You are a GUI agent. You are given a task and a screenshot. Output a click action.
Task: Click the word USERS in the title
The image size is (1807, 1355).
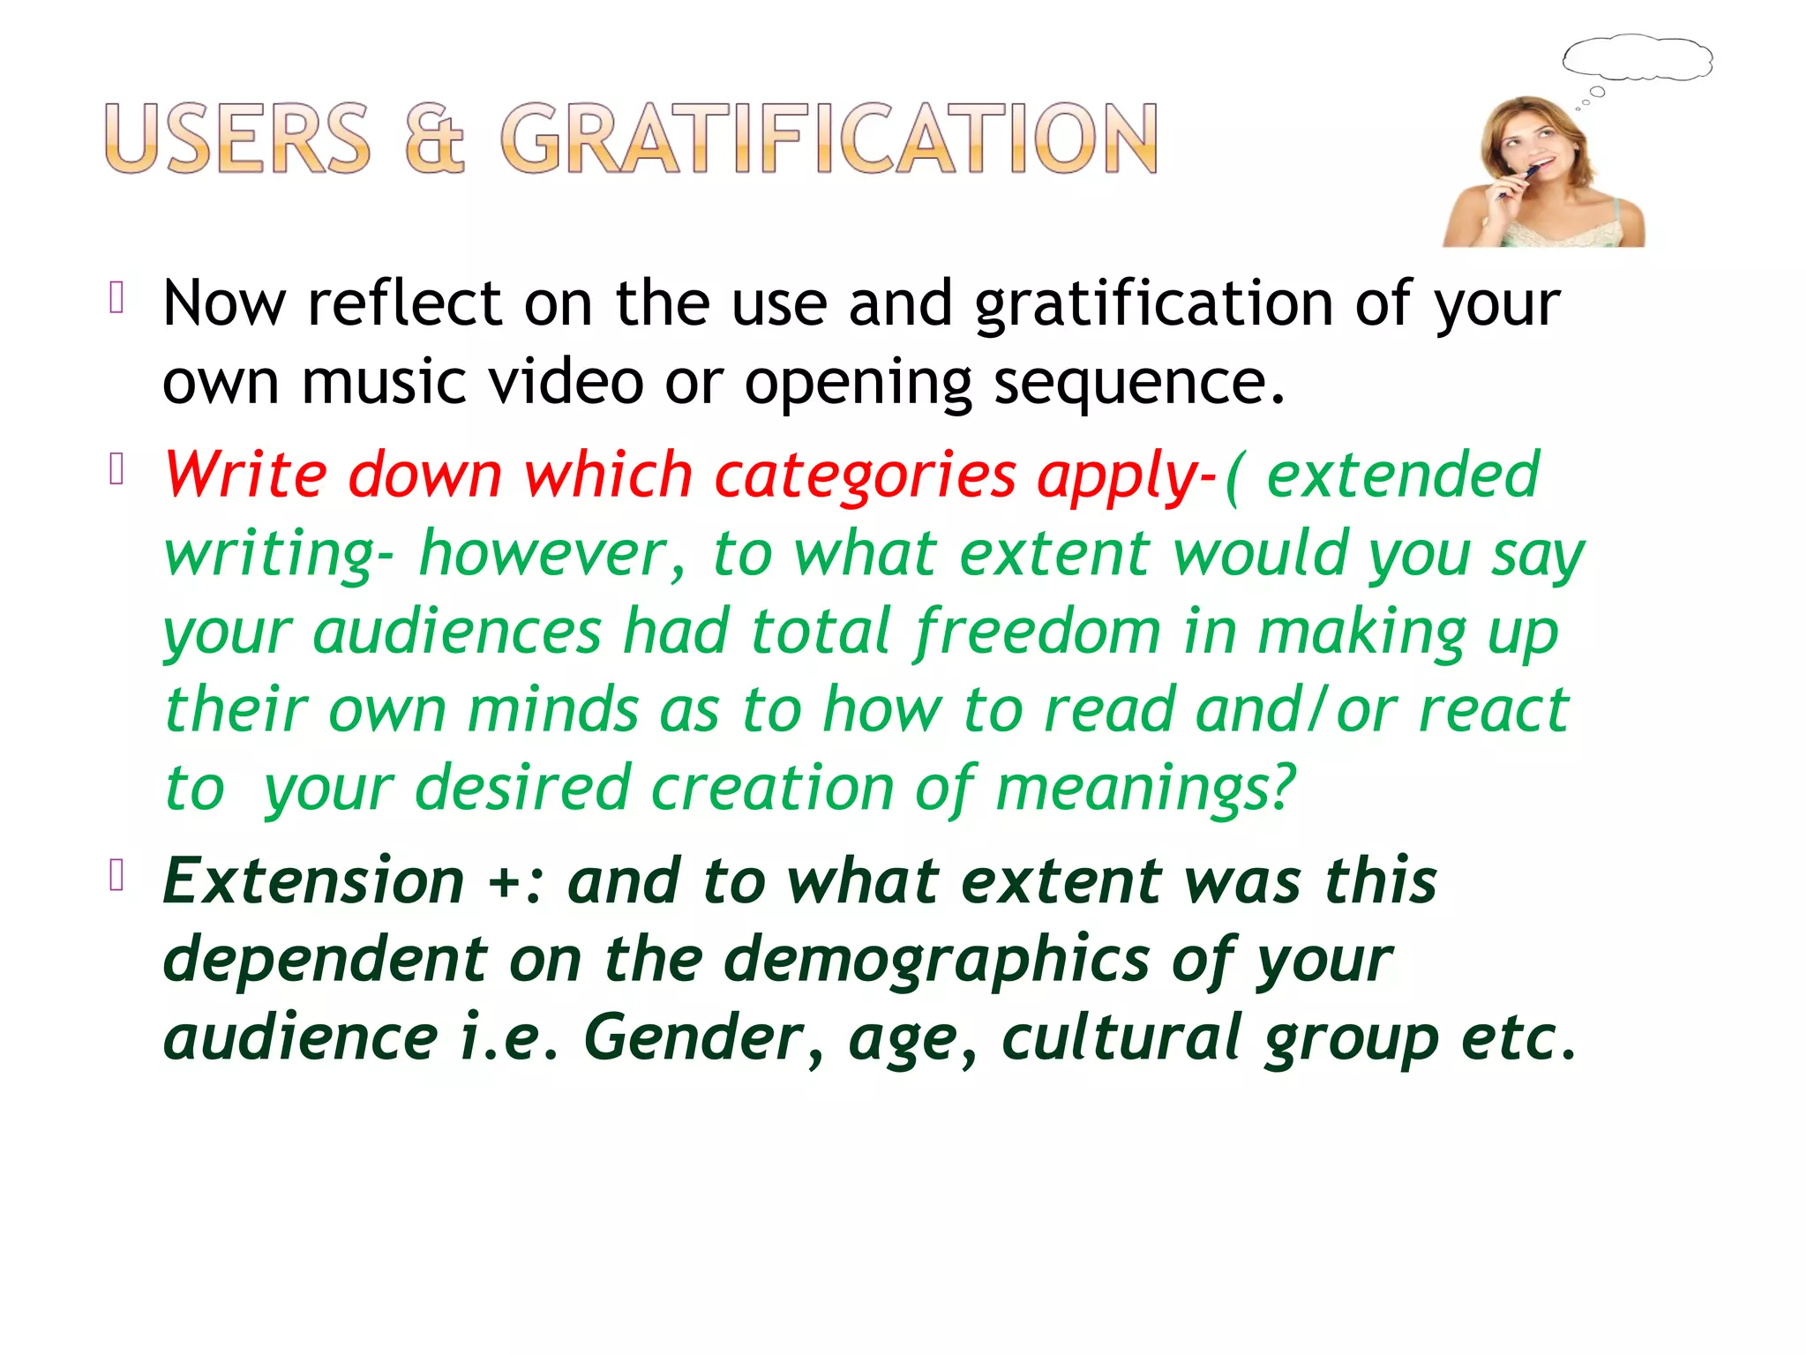237,138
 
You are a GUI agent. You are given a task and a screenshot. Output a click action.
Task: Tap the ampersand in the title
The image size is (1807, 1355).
434,138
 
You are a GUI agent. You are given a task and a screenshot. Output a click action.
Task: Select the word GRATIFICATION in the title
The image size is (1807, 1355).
829,138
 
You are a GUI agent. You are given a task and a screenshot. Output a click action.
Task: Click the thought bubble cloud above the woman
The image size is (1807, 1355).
1638,59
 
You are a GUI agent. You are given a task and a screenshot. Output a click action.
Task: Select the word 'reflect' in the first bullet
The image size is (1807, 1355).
405,303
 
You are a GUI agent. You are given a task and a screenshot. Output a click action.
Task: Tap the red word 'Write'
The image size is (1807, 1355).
245,475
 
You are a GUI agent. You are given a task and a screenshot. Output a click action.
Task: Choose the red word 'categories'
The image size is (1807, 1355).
865,476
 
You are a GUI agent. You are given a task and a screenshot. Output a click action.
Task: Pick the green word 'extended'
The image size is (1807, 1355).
1403,475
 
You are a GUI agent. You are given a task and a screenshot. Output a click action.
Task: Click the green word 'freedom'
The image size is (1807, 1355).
1038,632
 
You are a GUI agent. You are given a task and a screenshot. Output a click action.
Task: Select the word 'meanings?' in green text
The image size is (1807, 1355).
1146,788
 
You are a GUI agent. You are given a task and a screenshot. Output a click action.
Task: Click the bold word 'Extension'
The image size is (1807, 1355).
314,880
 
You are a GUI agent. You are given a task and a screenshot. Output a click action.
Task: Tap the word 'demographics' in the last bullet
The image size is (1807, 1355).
937,960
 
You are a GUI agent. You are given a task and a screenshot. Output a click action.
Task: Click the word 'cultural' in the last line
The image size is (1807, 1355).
1122,1037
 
